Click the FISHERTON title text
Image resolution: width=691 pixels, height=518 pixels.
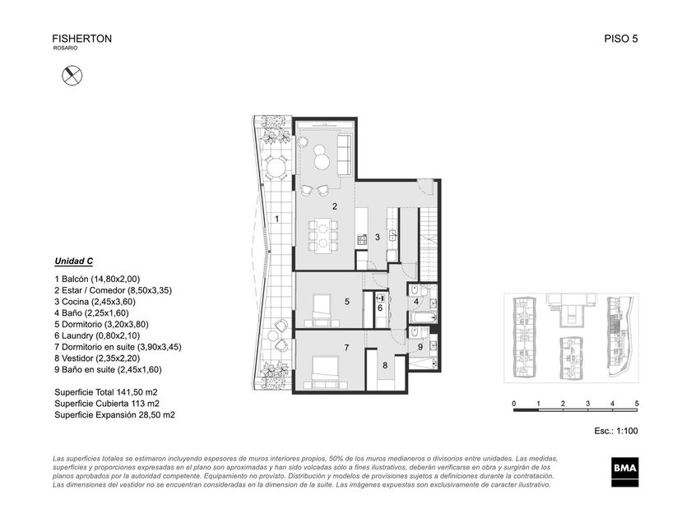click(x=82, y=39)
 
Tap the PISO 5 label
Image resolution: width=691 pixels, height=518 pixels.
click(x=621, y=39)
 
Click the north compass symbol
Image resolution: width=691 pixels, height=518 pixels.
click(x=72, y=75)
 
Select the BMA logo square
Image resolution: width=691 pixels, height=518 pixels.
click(x=624, y=472)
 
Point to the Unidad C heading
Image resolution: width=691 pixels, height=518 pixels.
click(x=73, y=261)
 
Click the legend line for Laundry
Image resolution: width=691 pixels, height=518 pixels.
click(x=97, y=335)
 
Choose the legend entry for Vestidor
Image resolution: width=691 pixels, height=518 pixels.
click(x=97, y=358)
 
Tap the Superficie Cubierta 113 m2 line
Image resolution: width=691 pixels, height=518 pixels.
click(x=107, y=404)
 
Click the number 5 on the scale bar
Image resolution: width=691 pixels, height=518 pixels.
click(x=637, y=404)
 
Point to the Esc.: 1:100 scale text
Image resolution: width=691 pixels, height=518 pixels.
click(x=615, y=431)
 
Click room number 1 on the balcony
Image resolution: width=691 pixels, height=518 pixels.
click(x=276, y=219)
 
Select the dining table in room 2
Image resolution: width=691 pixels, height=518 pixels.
click(x=322, y=236)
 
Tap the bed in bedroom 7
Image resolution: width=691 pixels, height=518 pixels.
click(x=325, y=369)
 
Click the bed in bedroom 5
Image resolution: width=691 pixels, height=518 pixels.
click(x=322, y=307)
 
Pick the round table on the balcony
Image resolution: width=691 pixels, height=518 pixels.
click(x=276, y=169)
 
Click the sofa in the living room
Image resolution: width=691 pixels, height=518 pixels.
click(x=345, y=155)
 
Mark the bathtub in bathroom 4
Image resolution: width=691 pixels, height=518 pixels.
click(x=423, y=317)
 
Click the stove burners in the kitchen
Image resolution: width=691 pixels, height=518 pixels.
click(x=362, y=239)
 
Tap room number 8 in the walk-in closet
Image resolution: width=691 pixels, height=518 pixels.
click(x=385, y=365)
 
